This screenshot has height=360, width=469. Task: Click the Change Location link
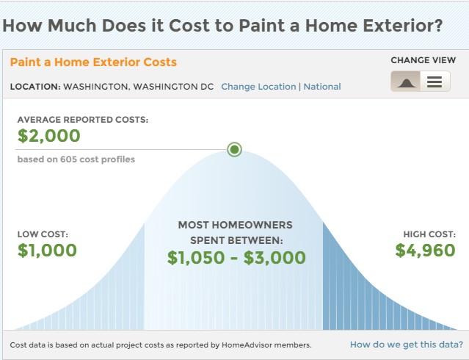(x=258, y=87)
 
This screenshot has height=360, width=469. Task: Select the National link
(x=322, y=87)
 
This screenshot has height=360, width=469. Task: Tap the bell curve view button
(x=406, y=81)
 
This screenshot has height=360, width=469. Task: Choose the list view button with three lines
(x=435, y=81)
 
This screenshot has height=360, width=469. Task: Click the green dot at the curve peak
(x=235, y=149)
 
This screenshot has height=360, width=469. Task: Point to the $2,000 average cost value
(x=48, y=136)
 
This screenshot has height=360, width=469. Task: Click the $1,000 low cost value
(x=47, y=251)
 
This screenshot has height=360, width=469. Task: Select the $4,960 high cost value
(x=426, y=251)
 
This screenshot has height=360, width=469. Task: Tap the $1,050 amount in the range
(x=196, y=258)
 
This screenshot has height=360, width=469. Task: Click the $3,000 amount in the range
(x=275, y=258)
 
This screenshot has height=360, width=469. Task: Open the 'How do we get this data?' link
(x=407, y=345)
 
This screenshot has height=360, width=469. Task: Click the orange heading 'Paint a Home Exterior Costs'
(x=93, y=62)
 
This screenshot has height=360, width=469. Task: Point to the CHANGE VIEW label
(x=423, y=60)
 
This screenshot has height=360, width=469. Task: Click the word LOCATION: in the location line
(x=35, y=87)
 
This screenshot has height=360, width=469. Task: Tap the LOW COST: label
(x=43, y=234)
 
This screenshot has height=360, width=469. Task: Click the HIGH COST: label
(x=429, y=234)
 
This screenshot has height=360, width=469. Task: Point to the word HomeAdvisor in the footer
(x=247, y=345)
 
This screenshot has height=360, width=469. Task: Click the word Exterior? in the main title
(x=403, y=25)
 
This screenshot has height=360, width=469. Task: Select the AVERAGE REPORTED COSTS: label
(x=82, y=120)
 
